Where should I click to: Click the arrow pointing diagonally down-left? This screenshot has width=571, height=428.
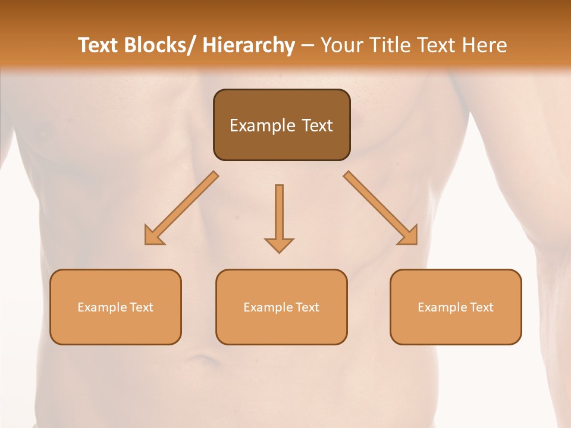point(182,208)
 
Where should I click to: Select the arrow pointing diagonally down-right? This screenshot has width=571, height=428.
point(381,208)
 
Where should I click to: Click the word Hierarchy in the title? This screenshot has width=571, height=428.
point(249,45)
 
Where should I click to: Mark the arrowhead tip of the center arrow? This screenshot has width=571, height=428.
point(279,253)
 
